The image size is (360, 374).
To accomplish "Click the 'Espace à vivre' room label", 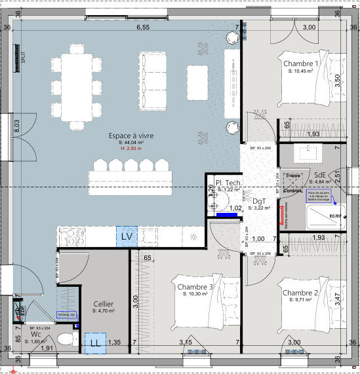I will (x=130, y=135).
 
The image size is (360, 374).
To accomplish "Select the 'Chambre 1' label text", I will (x=300, y=64).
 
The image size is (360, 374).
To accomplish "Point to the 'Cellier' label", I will (x=104, y=304).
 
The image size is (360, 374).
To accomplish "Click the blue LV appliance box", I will (x=127, y=236).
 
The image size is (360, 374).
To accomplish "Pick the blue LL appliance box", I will (x=95, y=343).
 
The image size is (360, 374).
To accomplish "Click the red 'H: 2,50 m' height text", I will (x=130, y=149).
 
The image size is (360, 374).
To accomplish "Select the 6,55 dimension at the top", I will (x=143, y=27).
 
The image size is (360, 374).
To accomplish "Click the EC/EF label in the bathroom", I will (x=335, y=215).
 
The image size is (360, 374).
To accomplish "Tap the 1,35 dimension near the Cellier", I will (x=114, y=342).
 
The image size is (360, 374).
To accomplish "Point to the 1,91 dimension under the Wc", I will (x=47, y=348).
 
